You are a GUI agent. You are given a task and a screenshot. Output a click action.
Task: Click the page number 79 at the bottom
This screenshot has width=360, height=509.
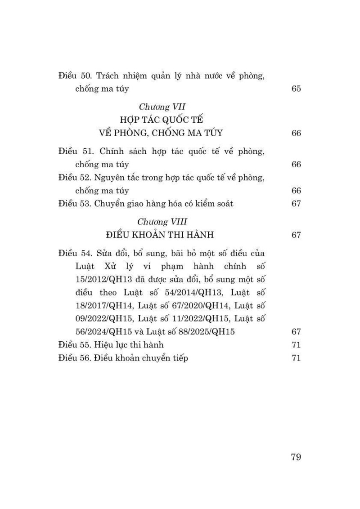tap(296, 457)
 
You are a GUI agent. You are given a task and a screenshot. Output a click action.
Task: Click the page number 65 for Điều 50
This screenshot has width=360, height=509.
tap(296, 89)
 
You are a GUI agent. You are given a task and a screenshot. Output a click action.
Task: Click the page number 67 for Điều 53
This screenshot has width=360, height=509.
tap(296, 203)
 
